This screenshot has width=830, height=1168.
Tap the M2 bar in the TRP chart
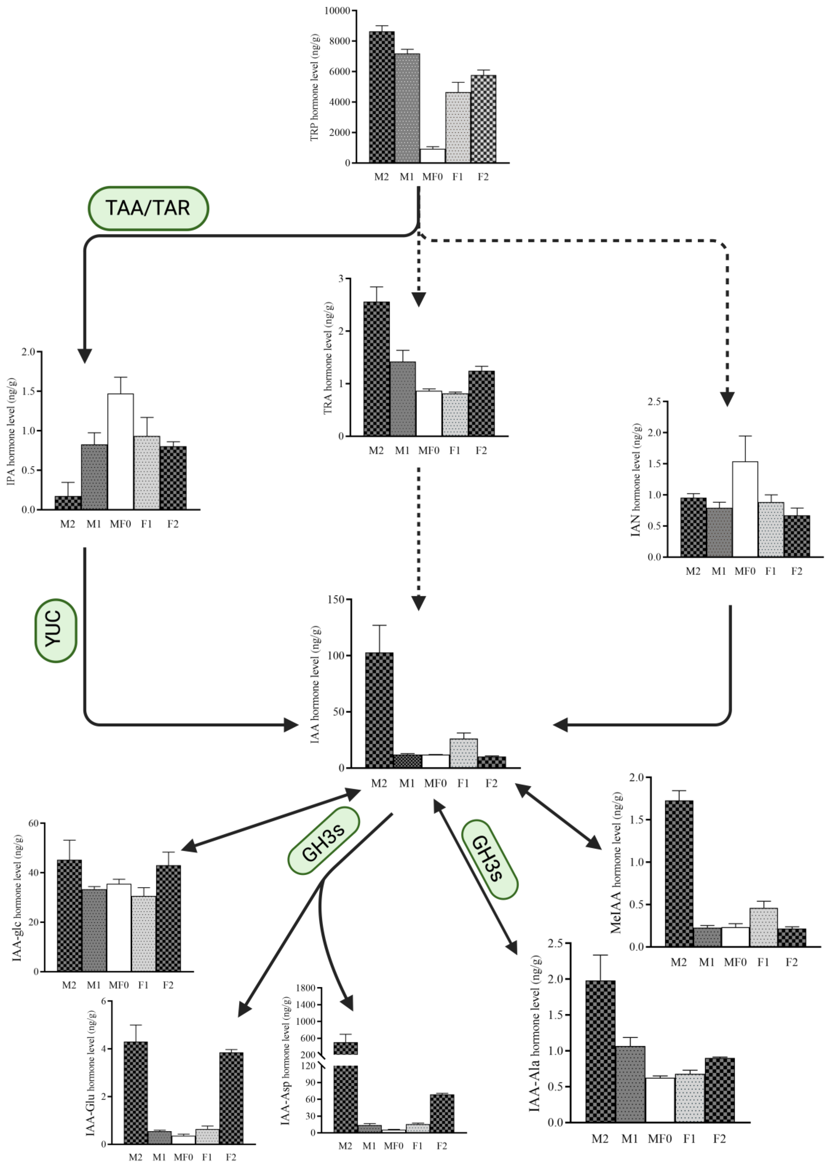tap(381, 97)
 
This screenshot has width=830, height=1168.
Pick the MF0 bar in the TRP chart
tap(432, 156)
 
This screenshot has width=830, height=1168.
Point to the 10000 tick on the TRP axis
tap(337, 11)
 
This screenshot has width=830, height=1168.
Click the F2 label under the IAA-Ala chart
tap(719, 1139)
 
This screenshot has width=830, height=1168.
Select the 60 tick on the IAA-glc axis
tap(34, 824)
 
